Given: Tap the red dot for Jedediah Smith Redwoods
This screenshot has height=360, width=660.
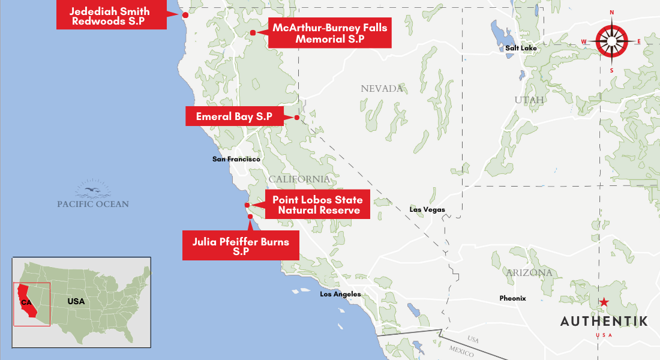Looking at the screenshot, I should [185, 15].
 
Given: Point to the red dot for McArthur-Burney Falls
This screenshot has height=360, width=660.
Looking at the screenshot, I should [253, 32].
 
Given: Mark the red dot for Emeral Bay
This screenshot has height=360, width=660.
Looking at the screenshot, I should [296, 117].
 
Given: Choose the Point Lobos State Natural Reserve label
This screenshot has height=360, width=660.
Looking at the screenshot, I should [316, 205].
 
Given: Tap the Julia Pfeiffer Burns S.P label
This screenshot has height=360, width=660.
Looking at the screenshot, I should [241, 246].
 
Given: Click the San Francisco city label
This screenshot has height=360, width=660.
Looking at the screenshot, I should [236, 159].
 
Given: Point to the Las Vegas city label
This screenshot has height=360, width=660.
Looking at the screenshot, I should [427, 209].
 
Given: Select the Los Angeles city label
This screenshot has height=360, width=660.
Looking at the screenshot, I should [340, 294].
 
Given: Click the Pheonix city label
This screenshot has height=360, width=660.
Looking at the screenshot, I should [512, 298].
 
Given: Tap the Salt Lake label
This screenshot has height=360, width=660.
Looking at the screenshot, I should [521, 48].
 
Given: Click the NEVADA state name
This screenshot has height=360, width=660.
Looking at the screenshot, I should [382, 89].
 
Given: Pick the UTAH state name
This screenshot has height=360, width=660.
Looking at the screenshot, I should [529, 100].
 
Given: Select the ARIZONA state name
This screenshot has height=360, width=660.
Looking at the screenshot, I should [529, 273].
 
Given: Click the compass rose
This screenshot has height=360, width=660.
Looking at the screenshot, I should [611, 41].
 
